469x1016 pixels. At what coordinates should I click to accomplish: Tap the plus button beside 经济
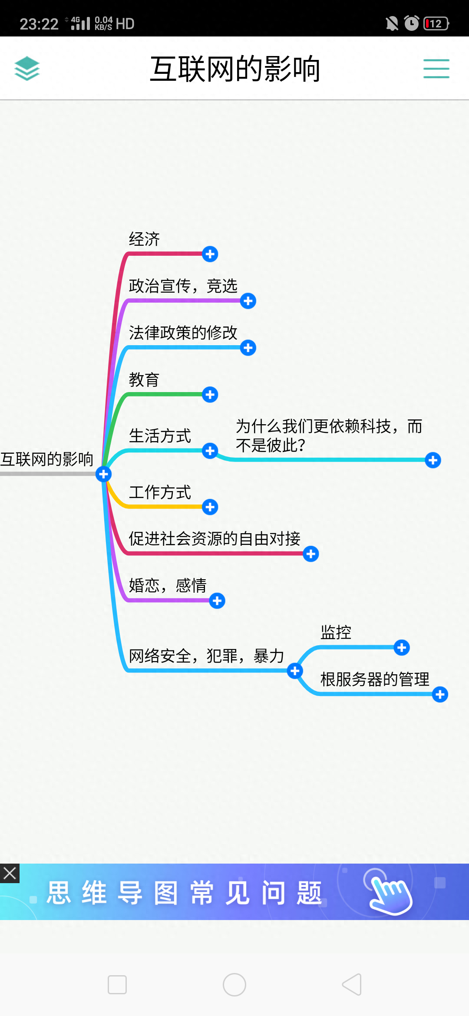coord(210,254)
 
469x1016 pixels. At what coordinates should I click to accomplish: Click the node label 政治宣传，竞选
coord(183,286)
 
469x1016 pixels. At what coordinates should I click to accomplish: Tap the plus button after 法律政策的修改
coord(248,348)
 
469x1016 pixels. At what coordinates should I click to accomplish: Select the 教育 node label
coord(144,380)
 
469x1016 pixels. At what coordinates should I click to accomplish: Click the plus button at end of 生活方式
coord(210,451)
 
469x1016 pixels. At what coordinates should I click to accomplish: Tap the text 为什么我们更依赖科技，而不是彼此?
coord(329,435)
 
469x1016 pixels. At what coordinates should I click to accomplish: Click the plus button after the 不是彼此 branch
coord(433,460)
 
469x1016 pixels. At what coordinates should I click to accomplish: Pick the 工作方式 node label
coord(160,492)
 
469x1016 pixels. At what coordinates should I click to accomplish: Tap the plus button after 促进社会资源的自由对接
coord(311,554)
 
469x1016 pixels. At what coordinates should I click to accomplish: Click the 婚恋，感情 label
coord(168,586)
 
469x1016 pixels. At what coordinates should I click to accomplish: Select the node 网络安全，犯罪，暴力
coord(206,656)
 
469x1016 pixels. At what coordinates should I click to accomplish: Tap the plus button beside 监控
coord(402,648)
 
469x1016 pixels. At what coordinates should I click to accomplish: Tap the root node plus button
coord(103,474)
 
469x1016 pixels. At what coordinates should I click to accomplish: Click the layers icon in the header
coord(27,69)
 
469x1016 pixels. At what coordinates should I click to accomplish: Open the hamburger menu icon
coord(436,69)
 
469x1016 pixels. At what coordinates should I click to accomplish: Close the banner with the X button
coord(10,873)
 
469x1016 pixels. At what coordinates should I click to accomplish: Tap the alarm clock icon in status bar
coord(411,23)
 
